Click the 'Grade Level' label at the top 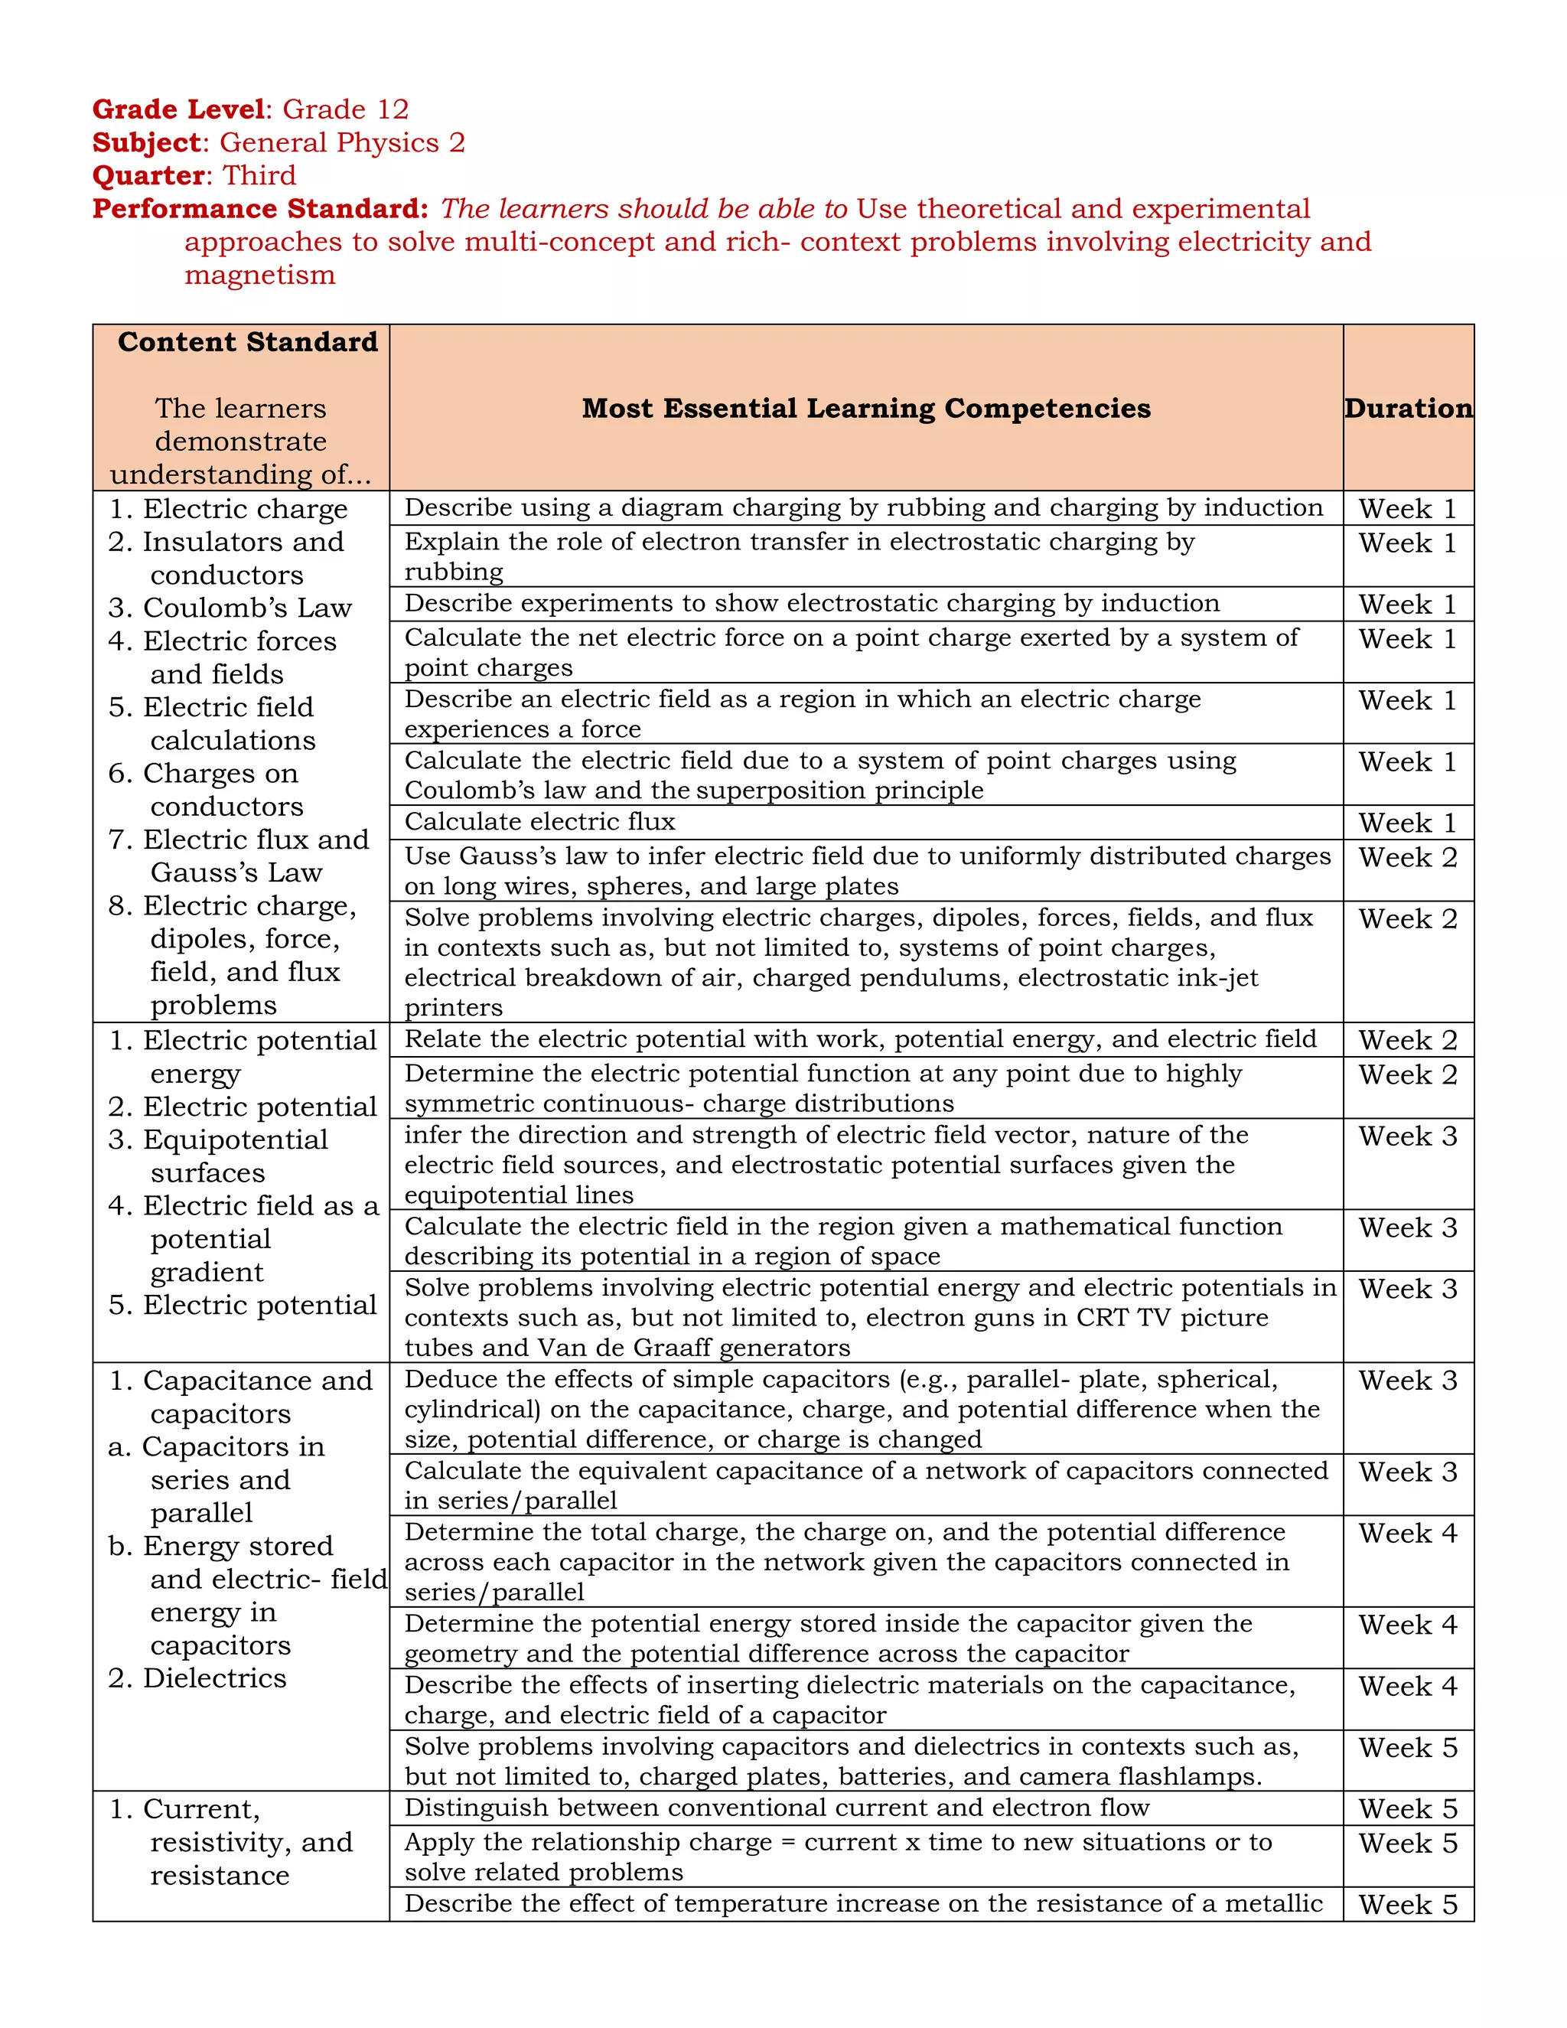pos(178,109)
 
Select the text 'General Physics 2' pos(341,143)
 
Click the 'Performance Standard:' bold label pos(260,209)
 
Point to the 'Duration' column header pos(1407,409)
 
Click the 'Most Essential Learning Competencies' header pos(865,409)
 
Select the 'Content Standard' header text pos(248,343)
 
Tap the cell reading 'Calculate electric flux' pos(539,822)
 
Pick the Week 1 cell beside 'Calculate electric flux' pos(1407,823)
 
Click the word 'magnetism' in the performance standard pos(259,276)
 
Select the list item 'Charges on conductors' pos(218,789)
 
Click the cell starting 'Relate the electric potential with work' pos(859,1039)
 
